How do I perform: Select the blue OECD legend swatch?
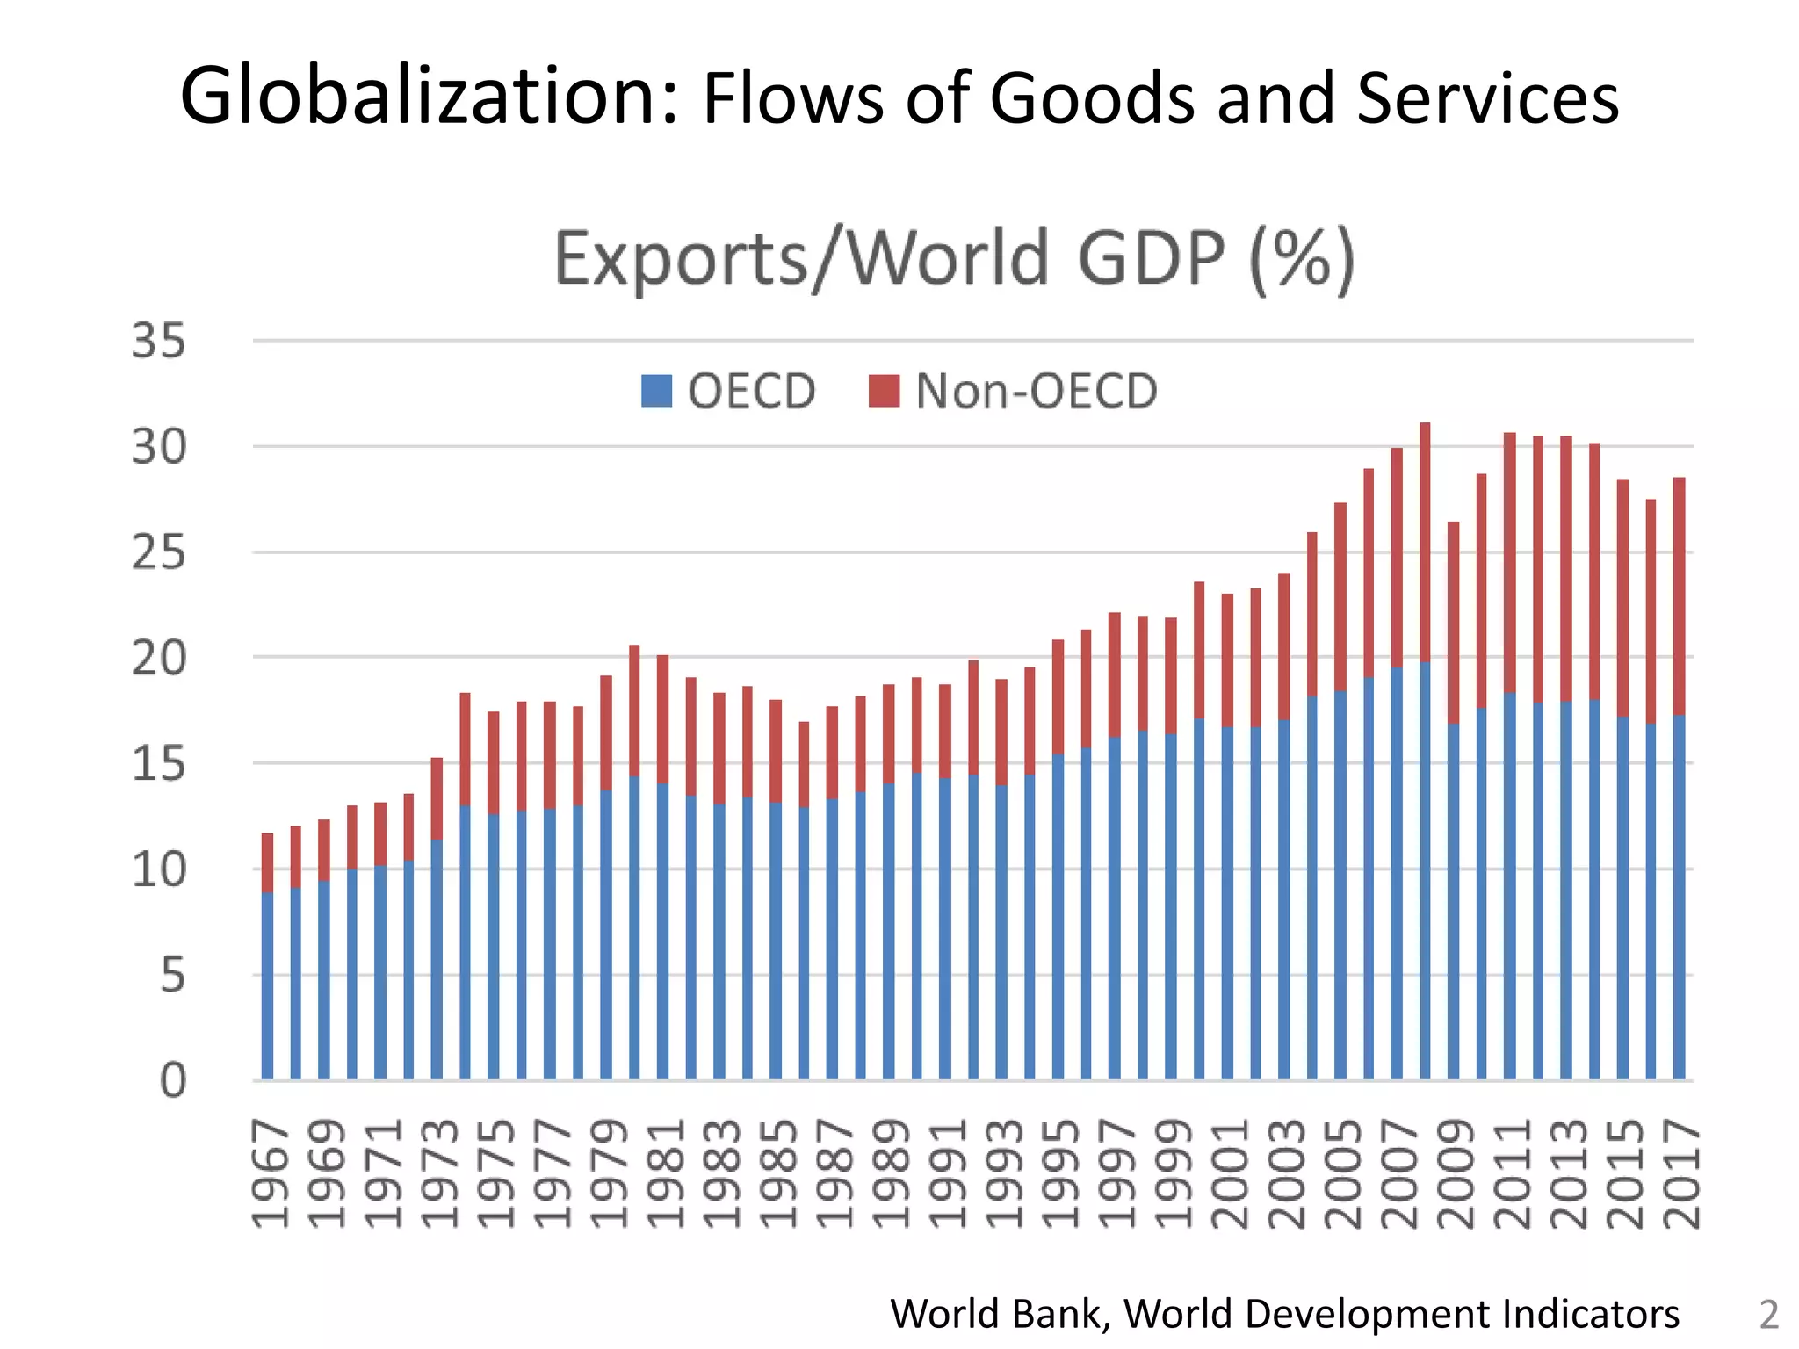pyautogui.click(x=656, y=391)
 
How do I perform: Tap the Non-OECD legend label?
pyautogui.click(x=1037, y=391)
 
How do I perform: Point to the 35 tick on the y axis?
pyautogui.click(x=159, y=341)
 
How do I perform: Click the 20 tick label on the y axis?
pyautogui.click(x=159, y=659)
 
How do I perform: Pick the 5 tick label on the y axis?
pyautogui.click(x=172, y=976)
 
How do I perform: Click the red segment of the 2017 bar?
pyautogui.click(x=1679, y=597)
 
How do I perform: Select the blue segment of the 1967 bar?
pyautogui.click(x=267, y=984)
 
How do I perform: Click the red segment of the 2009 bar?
pyautogui.click(x=1453, y=624)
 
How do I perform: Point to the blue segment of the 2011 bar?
pyautogui.click(x=1509, y=887)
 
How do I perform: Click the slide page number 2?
pyautogui.click(x=1768, y=1315)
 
